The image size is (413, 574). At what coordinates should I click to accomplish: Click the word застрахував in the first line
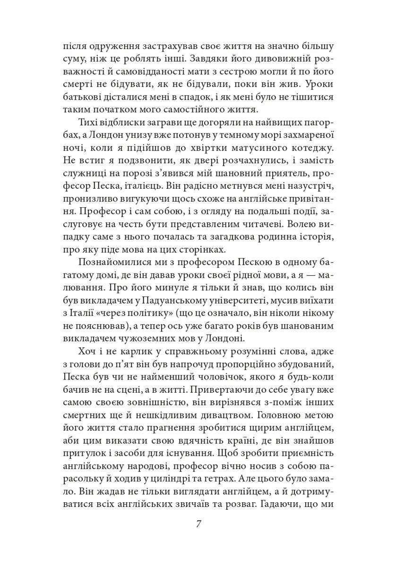(158, 47)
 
